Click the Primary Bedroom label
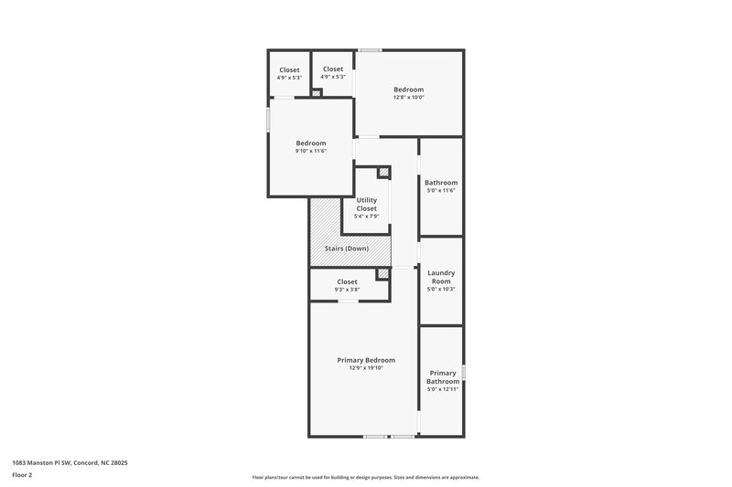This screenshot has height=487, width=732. [x=366, y=360]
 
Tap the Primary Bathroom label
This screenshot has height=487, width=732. [x=443, y=376]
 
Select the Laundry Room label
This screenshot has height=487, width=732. [x=441, y=277]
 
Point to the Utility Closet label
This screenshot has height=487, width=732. [x=366, y=204]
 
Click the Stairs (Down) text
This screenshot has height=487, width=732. [x=346, y=248]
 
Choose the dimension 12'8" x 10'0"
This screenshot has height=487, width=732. [x=408, y=98]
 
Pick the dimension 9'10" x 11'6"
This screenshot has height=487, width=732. [x=311, y=151]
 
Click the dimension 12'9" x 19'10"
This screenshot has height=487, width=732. [x=366, y=368]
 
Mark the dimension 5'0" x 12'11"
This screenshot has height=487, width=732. [x=443, y=389]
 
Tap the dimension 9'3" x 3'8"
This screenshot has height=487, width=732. [x=347, y=290]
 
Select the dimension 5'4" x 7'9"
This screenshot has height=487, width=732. [x=366, y=217]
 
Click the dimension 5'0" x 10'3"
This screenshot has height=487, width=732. [x=441, y=290]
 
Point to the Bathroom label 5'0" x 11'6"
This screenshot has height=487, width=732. [x=441, y=183]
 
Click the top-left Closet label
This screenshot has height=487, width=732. [x=289, y=69]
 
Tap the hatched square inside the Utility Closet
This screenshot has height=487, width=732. [x=383, y=171]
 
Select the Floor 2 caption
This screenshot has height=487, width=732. [x=22, y=475]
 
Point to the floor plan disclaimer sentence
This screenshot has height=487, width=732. [x=366, y=477]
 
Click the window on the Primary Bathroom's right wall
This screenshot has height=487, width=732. [x=463, y=372]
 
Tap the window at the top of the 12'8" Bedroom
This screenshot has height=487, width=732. [x=370, y=49]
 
